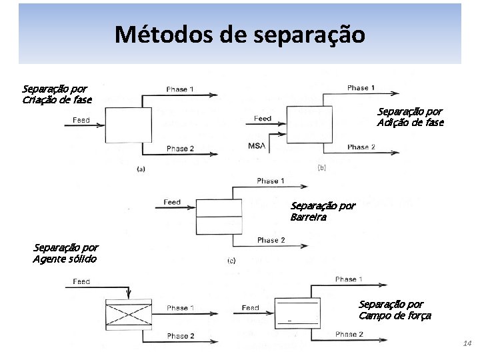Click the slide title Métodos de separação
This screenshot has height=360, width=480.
[239, 35]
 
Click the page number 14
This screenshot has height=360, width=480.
[467, 343]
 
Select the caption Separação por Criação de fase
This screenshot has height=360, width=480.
[57, 94]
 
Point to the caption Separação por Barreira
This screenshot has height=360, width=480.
[323, 211]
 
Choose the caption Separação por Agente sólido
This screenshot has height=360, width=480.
[65, 253]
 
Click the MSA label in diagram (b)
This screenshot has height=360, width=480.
[257, 146]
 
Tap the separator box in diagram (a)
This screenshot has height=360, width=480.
[128, 124]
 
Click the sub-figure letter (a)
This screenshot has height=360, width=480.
[141, 169]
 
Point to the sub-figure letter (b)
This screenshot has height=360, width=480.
[321, 167]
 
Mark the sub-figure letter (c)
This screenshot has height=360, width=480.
[231, 260]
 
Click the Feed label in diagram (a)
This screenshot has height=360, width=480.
[81, 120]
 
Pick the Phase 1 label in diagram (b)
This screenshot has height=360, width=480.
[361, 88]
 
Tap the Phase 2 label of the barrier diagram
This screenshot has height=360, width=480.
[271, 240]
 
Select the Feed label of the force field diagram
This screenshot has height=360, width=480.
[251, 308]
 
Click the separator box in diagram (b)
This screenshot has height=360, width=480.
[305, 124]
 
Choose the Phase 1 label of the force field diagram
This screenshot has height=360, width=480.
[349, 279]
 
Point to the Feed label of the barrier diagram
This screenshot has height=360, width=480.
[172, 202]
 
